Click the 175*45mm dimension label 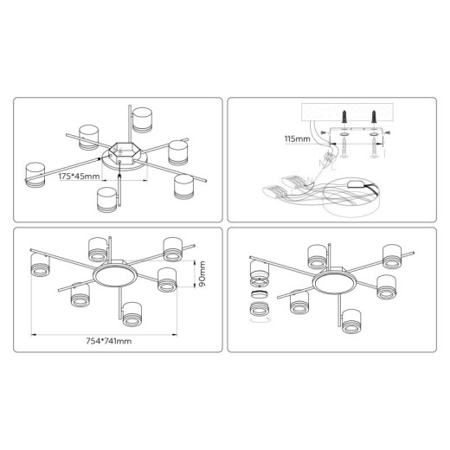(79, 176)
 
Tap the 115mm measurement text (298, 138)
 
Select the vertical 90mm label (202, 273)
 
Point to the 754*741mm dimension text (109, 341)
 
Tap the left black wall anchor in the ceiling (344, 116)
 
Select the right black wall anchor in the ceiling (374, 116)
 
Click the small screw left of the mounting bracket (324, 132)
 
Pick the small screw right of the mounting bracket (388, 132)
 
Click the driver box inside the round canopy (356, 184)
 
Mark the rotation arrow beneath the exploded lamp (260, 319)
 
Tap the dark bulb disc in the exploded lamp (260, 294)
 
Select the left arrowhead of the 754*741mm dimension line (33, 335)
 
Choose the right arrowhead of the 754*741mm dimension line (175, 335)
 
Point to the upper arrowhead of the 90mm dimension (195, 262)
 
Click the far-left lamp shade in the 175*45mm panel (35, 175)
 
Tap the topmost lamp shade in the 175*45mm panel (142, 120)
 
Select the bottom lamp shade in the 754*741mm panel (132, 314)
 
